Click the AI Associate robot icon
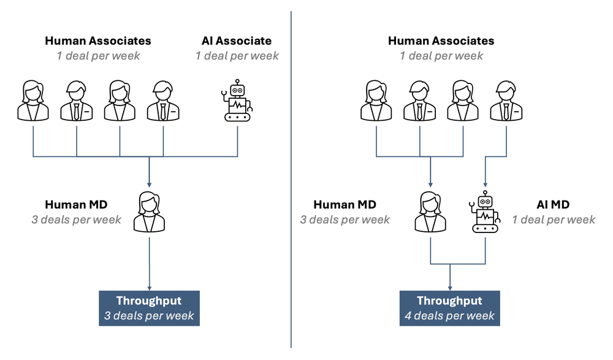(237, 101)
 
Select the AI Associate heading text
(237, 41)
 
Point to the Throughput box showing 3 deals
(149, 308)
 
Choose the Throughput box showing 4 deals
(450, 308)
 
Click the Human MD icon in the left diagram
(149, 211)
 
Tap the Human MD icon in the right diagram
(430, 211)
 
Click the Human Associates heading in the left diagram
(98, 41)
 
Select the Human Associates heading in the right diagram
(441, 41)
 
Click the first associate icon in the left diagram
(32, 101)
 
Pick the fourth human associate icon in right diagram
(506, 101)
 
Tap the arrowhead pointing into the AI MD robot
(485, 183)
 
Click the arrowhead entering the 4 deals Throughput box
(450, 287)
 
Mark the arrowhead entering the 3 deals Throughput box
(149, 287)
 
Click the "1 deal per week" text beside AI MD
(554, 220)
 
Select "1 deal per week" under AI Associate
(237, 56)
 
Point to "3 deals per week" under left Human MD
(77, 220)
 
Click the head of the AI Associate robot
(237, 88)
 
